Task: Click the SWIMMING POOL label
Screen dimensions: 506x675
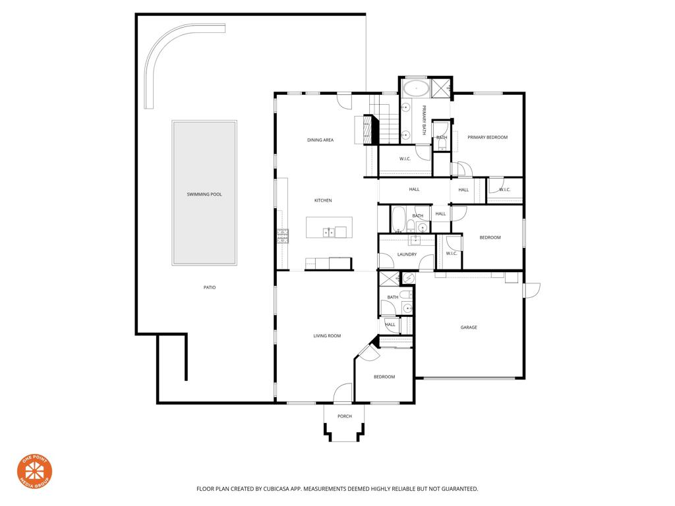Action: (204, 194)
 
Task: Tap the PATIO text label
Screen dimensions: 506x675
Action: (210, 287)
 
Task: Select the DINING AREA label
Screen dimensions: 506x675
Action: (320, 140)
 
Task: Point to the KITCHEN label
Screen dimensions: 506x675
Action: (322, 200)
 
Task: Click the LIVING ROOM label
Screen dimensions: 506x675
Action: (327, 336)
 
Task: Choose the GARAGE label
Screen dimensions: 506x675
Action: (469, 327)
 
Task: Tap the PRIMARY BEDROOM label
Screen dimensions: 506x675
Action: (488, 137)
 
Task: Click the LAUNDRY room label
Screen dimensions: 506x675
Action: (407, 254)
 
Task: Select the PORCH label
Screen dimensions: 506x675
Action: (344, 416)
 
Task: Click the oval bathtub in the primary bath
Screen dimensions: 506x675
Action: (416, 87)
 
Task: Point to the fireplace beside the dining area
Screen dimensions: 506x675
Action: (364, 129)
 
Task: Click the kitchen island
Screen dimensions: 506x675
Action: (329, 227)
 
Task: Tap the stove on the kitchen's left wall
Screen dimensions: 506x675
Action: (283, 236)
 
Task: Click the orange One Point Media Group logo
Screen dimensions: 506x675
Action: (34, 471)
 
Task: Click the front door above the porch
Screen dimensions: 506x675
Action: (343, 393)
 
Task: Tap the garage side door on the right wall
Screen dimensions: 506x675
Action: (531, 290)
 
